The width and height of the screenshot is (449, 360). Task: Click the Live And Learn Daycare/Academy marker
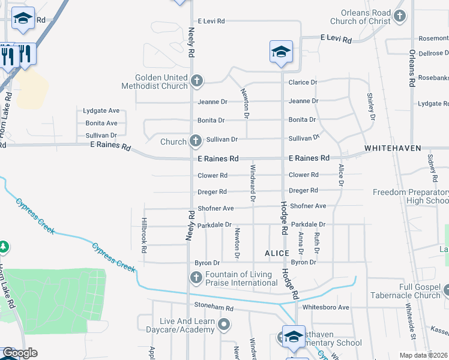tap(224, 325)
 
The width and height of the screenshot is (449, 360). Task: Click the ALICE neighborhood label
tap(277, 254)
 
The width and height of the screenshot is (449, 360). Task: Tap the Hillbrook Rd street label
tap(144, 235)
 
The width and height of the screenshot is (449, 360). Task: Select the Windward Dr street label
tap(253, 182)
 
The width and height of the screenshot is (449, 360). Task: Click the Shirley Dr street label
tap(370, 106)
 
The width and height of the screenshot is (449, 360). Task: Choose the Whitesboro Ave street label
tap(326, 307)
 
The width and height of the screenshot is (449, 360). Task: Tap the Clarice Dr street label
tap(303, 82)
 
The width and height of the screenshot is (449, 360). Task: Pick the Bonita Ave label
tap(101, 123)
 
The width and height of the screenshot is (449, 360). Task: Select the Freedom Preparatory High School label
tap(411, 196)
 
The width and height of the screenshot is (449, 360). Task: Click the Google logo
tap(20, 352)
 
